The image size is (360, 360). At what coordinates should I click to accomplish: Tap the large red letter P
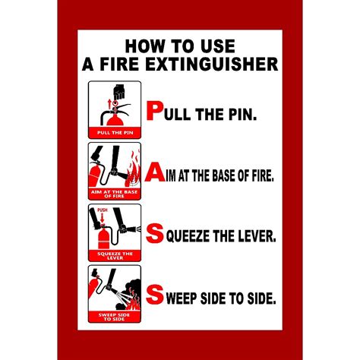(x=154, y=112)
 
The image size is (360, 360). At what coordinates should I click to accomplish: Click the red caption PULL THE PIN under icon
(x=115, y=131)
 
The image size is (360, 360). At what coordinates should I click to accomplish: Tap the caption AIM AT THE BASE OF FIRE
(x=115, y=193)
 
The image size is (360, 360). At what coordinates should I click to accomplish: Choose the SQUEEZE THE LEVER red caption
(x=115, y=254)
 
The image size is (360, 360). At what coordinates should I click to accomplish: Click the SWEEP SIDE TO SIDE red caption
(x=115, y=315)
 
